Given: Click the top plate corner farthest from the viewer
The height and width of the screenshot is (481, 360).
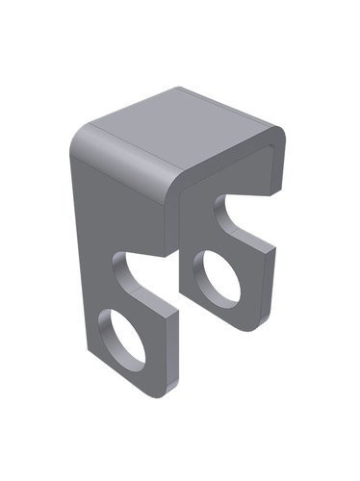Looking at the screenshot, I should [182, 89].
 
